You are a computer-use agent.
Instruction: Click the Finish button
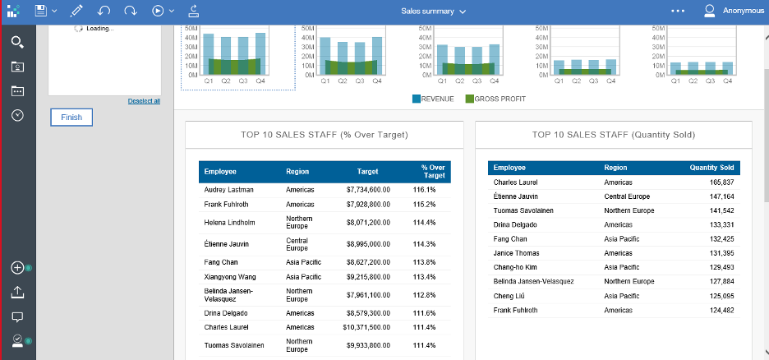(71, 118)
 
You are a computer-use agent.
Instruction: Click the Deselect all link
(144, 101)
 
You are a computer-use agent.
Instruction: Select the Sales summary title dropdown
(433, 12)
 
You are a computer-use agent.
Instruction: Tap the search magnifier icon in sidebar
(17, 42)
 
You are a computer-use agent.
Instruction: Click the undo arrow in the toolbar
(104, 12)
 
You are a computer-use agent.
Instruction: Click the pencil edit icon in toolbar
(76, 12)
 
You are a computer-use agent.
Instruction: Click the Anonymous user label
(742, 12)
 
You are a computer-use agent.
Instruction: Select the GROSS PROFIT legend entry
(495, 99)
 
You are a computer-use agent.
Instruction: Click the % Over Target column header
(433, 172)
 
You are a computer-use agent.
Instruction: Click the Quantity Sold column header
(711, 168)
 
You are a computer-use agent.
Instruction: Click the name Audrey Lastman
(228, 190)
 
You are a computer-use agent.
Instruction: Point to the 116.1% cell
(424, 190)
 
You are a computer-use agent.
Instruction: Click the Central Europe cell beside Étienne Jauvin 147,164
(627, 196)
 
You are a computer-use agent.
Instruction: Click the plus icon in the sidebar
(17, 268)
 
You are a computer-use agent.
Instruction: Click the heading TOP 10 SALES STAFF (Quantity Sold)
(613, 135)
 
